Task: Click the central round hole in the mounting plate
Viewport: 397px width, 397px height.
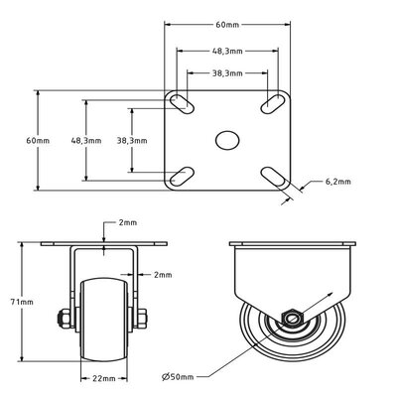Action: (x=227, y=140)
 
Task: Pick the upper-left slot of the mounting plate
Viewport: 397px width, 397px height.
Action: (x=182, y=103)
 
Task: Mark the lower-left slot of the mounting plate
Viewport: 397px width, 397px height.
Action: (x=182, y=176)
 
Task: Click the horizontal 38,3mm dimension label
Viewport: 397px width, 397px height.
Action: (x=227, y=72)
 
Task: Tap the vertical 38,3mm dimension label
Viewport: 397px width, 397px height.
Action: (x=132, y=141)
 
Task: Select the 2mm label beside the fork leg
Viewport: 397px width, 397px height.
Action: (x=163, y=274)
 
